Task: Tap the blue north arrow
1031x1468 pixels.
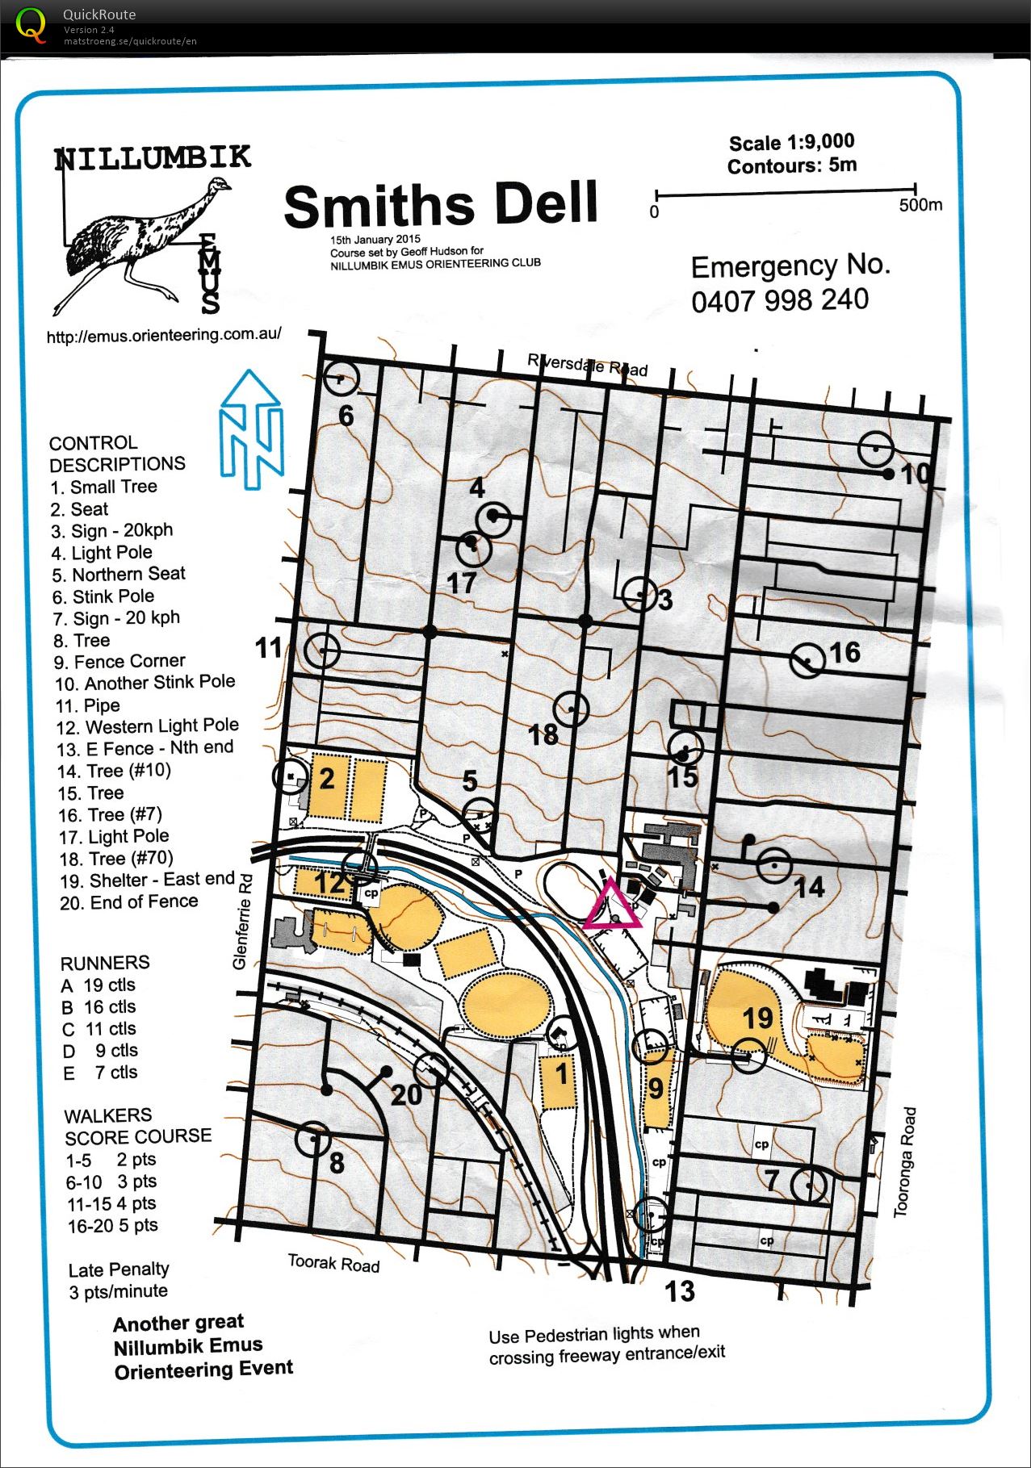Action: click(x=252, y=430)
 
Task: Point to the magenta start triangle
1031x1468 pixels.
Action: click(x=613, y=905)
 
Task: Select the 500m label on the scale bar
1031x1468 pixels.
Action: click(x=920, y=204)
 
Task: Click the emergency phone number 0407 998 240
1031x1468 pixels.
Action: click(x=780, y=300)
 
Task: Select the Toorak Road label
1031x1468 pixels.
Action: click(x=333, y=1263)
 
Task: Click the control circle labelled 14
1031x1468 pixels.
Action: click(x=774, y=865)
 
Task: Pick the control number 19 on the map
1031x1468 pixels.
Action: click(x=758, y=1017)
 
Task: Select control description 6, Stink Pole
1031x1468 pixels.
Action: click(x=103, y=596)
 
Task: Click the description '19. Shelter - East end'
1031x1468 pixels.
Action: click(x=147, y=880)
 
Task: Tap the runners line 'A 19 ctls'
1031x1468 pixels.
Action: click(x=98, y=985)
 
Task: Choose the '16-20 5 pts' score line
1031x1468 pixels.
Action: click(x=112, y=1225)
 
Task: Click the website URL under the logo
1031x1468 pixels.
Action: click(x=164, y=335)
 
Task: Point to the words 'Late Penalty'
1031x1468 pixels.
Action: click(x=119, y=1269)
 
